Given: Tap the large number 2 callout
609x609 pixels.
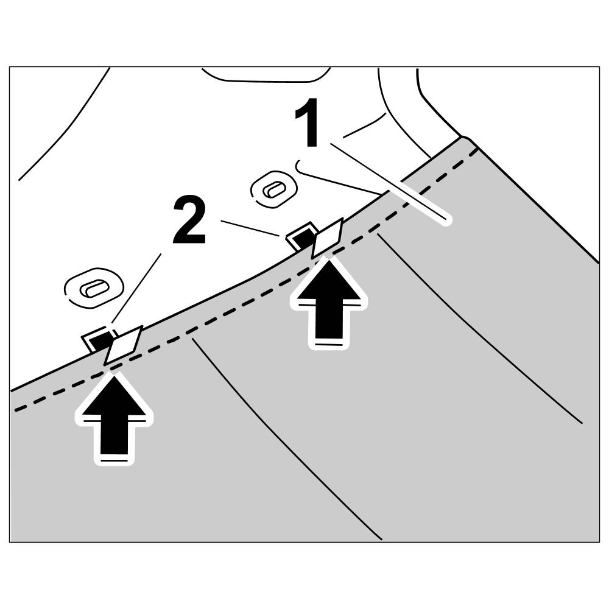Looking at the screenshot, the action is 189,220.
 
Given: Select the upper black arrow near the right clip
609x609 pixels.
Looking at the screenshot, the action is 329,301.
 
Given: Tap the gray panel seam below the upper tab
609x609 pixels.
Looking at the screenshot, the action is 481,332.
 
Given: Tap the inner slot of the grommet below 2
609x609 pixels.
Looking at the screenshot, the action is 94,287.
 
